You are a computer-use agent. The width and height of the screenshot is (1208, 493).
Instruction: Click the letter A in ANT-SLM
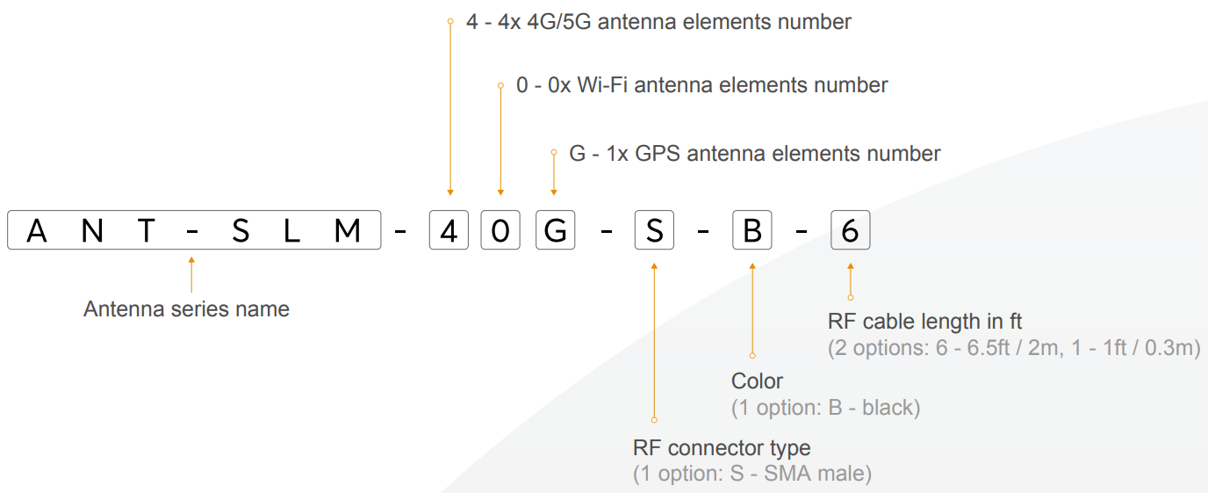[x=37, y=231]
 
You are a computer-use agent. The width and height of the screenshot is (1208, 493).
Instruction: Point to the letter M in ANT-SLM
[x=347, y=231]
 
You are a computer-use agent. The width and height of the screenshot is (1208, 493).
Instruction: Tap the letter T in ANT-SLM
[x=146, y=231]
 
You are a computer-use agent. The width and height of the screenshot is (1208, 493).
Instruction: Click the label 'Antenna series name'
[x=186, y=308]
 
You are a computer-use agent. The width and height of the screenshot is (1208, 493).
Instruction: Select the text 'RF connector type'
[x=722, y=448]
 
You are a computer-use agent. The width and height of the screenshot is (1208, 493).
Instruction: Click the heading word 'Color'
[x=757, y=381]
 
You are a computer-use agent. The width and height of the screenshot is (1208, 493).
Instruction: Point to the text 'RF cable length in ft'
[x=924, y=322]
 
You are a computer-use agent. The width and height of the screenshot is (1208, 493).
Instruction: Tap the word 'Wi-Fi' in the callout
[x=602, y=85]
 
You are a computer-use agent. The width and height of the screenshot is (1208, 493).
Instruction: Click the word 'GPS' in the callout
[x=658, y=154]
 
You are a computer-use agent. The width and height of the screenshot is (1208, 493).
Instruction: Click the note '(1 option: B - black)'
[x=825, y=408]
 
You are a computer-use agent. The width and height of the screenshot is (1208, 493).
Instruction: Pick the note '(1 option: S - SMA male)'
[x=752, y=474]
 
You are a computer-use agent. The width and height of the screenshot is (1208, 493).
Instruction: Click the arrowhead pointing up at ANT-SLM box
[x=191, y=260]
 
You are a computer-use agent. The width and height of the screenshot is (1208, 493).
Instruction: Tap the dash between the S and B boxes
[x=703, y=232]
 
